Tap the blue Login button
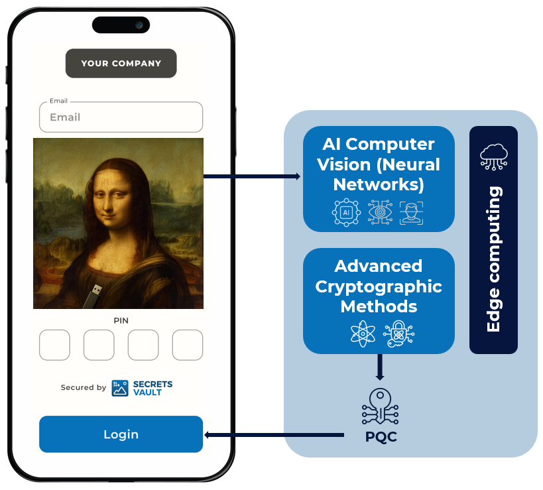pyautogui.click(x=121, y=434)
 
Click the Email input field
pyautogui.click(x=121, y=117)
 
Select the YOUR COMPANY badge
pyautogui.click(x=121, y=64)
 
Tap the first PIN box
pyautogui.click(x=54, y=345)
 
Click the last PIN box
pyautogui.click(x=188, y=345)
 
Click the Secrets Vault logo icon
pyautogui.click(x=120, y=388)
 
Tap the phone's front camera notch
pyautogui.click(x=121, y=25)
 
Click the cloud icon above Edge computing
pyautogui.click(x=494, y=157)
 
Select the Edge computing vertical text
pyautogui.click(x=494, y=259)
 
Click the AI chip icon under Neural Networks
pyautogui.click(x=346, y=212)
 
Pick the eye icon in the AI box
pyautogui.click(x=380, y=212)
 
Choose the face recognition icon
pyautogui.click(x=412, y=213)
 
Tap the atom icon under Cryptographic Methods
pyautogui.click(x=363, y=334)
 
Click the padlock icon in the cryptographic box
pyautogui.click(x=398, y=334)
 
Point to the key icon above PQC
pyautogui.click(x=381, y=406)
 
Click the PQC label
pyautogui.click(x=381, y=437)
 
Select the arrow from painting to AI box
pyautogui.click(x=252, y=176)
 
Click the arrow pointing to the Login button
pyautogui.click(x=274, y=435)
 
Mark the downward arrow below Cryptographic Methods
pyautogui.click(x=380, y=367)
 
